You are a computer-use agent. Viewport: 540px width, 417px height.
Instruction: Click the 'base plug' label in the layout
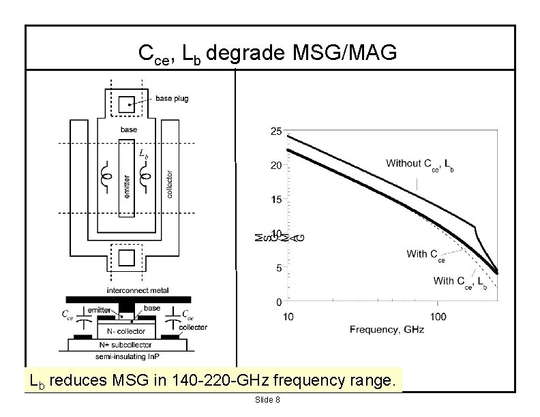(172, 99)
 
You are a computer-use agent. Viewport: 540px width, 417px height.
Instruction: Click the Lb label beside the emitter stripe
(143, 155)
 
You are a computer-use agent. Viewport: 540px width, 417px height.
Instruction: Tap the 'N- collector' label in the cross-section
(127, 331)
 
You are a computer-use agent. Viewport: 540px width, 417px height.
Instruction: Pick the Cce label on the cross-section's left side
(67, 315)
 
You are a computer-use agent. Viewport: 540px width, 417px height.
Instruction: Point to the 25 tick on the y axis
(277, 131)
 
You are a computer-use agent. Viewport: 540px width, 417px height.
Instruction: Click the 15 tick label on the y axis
(277, 200)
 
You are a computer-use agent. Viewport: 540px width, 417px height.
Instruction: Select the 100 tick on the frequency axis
(438, 316)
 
